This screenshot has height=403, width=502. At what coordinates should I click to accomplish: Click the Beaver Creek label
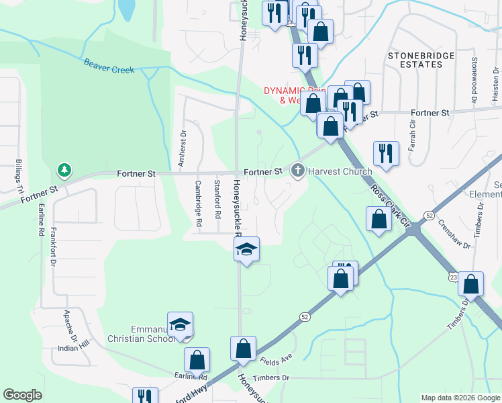point(109,67)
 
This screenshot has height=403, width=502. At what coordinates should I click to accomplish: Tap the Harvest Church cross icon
point(297,171)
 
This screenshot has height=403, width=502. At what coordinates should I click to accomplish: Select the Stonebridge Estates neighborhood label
point(420,60)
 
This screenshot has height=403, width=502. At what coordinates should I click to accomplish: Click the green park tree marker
point(64,170)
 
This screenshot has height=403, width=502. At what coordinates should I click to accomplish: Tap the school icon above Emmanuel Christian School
point(181,326)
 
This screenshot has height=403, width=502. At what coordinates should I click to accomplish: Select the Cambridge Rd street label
point(199,202)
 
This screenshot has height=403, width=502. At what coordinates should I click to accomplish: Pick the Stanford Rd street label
point(217,199)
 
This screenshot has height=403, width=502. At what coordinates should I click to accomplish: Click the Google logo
point(22,395)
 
